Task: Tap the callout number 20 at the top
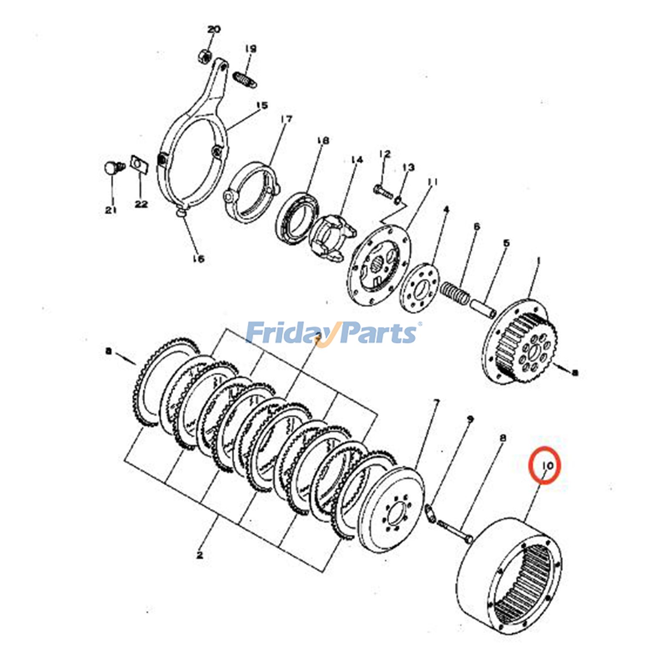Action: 214,30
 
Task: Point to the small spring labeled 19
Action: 245,79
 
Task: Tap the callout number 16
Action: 199,259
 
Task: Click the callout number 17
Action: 286,119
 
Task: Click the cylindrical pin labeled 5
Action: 483,308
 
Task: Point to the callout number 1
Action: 539,261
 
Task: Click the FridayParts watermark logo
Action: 332,333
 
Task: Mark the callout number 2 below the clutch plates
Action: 200,555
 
